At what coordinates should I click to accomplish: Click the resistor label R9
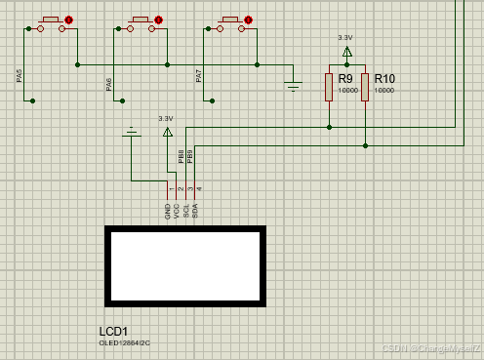(x=345, y=79)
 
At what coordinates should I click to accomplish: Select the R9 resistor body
(x=329, y=88)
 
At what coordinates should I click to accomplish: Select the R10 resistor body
(x=365, y=88)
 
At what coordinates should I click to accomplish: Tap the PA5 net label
(x=20, y=76)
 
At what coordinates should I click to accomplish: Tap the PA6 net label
(x=109, y=85)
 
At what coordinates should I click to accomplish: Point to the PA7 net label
(x=199, y=76)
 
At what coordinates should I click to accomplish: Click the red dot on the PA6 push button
(x=159, y=19)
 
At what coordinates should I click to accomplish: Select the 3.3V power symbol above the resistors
(x=345, y=48)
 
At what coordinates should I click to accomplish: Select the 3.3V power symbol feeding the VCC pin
(x=167, y=129)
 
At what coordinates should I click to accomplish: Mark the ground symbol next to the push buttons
(x=294, y=85)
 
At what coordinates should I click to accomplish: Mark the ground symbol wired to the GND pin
(x=132, y=131)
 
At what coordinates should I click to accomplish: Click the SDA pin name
(x=199, y=209)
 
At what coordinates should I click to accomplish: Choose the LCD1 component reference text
(x=114, y=331)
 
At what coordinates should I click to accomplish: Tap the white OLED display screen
(x=184, y=266)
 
